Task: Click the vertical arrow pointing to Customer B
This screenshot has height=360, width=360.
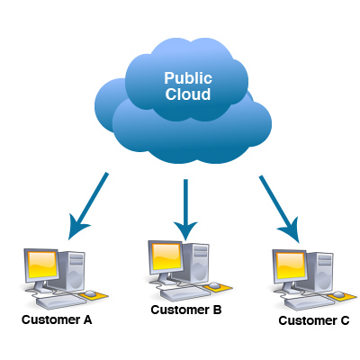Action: click(x=185, y=209)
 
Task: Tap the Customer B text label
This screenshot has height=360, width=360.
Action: click(x=185, y=310)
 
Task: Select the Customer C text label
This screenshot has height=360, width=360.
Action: click(x=312, y=319)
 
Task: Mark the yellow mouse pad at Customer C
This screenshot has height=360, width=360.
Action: click(x=344, y=293)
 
